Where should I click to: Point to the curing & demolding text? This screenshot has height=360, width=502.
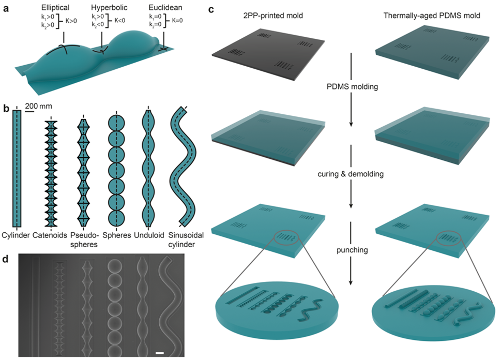tap(352, 174)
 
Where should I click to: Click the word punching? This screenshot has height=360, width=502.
tap(352, 249)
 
